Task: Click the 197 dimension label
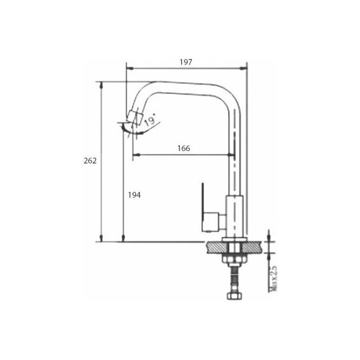186,62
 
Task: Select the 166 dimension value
184,148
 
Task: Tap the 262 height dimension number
90,160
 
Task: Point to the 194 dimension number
134,195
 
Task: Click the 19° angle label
150,119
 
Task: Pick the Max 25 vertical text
273,279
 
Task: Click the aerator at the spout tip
135,117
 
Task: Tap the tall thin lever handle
203,207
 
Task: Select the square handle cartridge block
210,222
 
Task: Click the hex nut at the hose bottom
234,296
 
